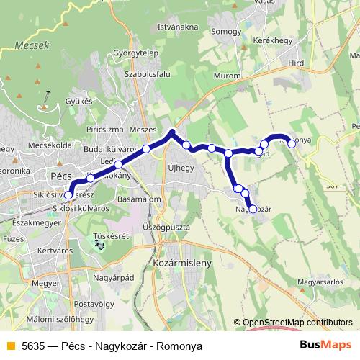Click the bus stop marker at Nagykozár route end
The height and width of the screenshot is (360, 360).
(252, 209)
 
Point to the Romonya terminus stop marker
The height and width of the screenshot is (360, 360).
(292, 143)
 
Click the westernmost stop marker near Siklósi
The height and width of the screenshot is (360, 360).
(68, 194)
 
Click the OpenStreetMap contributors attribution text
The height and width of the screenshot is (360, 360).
(297, 323)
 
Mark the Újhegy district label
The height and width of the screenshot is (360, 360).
(182, 168)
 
